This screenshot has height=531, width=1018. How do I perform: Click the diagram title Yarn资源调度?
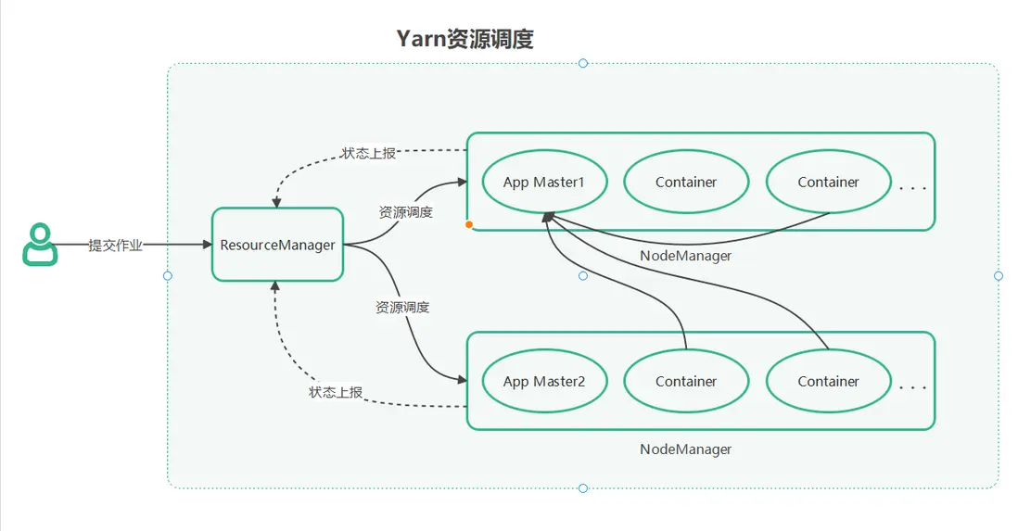tap(464, 39)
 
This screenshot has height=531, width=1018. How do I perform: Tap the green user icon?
tap(39, 245)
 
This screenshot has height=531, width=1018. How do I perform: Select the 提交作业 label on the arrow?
tap(115, 246)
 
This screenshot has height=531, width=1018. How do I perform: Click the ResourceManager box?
tap(277, 246)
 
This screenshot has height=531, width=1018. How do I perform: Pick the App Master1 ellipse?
tap(544, 183)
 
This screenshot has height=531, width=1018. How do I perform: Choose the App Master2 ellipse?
tap(544, 381)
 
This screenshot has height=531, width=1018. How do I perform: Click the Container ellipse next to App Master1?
tap(686, 183)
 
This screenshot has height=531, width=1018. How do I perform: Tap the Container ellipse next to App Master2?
tap(686, 381)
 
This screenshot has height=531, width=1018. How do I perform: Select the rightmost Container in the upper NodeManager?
tap(828, 183)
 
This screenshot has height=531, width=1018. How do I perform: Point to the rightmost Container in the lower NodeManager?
tap(828, 381)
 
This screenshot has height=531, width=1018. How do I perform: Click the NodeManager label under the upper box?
tap(685, 256)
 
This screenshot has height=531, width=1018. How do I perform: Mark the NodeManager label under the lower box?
tap(685, 449)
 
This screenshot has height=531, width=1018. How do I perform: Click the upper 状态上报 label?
tap(368, 153)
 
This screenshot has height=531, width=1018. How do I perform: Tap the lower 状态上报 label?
tap(336, 392)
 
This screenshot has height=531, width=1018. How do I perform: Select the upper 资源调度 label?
tap(406, 212)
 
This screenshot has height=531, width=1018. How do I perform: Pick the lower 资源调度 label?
tap(402, 307)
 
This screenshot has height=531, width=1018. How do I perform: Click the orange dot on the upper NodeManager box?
tap(469, 224)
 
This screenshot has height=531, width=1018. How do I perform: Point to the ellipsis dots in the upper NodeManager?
tap(912, 188)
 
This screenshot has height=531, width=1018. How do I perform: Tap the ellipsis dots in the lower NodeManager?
tap(912, 387)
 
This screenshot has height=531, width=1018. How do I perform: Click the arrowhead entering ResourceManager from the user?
tap(206, 245)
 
